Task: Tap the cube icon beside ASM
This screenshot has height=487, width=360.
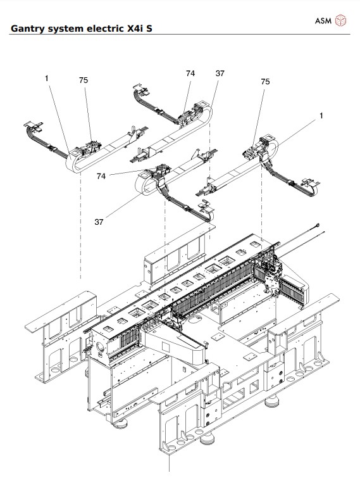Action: point(341,21)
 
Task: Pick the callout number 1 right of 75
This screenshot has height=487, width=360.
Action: point(321,116)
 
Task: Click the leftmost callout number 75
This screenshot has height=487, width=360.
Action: point(84,80)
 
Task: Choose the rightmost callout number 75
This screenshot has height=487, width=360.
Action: point(265,82)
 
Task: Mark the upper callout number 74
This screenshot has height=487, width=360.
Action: point(190,73)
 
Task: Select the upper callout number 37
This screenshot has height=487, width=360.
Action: point(220,73)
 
